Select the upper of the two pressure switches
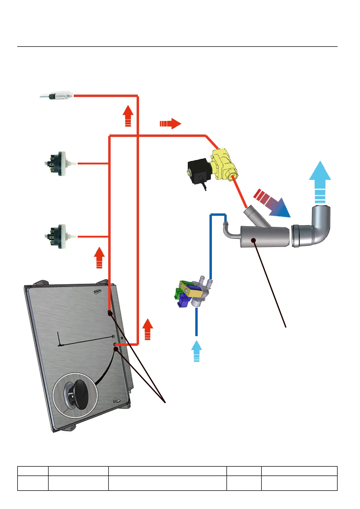[x=57, y=164]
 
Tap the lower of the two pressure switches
[x=57, y=236]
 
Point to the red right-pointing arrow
[x=170, y=123]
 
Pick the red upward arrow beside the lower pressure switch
[x=99, y=258]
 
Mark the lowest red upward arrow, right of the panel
[x=148, y=329]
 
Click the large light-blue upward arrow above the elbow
[x=320, y=182]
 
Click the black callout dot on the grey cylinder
[x=254, y=240]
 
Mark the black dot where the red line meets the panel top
[x=110, y=313]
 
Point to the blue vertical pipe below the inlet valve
[x=196, y=322]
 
